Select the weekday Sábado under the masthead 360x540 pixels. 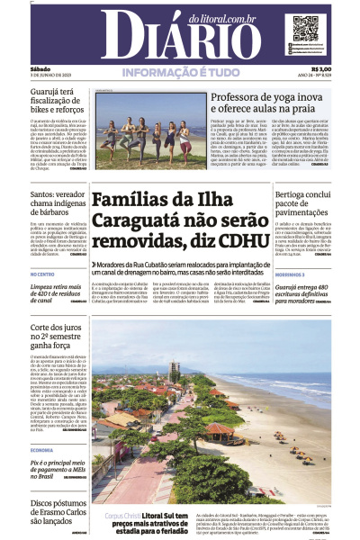(40, 68)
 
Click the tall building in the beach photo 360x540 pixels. (174, 370)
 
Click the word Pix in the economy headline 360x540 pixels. (38, 462)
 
